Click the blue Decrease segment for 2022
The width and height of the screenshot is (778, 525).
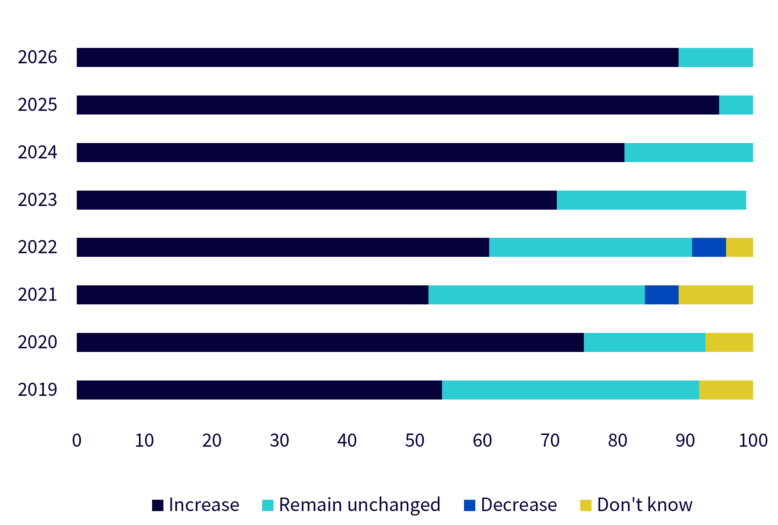click(x=709, y=247)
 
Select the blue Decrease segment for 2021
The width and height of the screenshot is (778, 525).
click(x=662, y=295)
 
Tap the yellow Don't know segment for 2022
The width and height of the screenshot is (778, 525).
click(x=740, y=247)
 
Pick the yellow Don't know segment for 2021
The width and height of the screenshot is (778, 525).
click(x=716, y=295)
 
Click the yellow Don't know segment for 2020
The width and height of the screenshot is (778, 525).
click(x=729, y=342)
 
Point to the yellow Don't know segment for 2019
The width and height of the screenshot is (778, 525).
click(x=726, y=390)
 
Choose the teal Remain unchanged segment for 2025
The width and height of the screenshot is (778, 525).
click(x=736, y=105)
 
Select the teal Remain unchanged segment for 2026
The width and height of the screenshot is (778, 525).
click(x=716, y=57)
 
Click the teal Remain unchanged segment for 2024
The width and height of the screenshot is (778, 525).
click(x=689, y=153)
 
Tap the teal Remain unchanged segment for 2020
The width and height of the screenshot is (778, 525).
click(x=645, y=342)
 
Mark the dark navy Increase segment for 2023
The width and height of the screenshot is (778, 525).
click(x=317, y=200)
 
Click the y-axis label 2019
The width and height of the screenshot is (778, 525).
click(x=37, y=390)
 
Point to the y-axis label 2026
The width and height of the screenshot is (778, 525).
click(x=37, y=57)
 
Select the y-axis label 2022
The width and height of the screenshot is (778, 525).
click(x=37, y=247)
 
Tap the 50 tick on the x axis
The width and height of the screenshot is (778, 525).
click(x=415, y=440)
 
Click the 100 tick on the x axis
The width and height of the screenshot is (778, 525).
click(x=753, y=440)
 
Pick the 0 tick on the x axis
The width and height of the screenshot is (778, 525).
click(x=77, y=440)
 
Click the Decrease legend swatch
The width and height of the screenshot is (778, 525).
click(x=469, y=505)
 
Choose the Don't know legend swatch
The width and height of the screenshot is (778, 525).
click(x=586, y=505)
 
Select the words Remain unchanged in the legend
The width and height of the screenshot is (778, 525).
click(x=360, y=505)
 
